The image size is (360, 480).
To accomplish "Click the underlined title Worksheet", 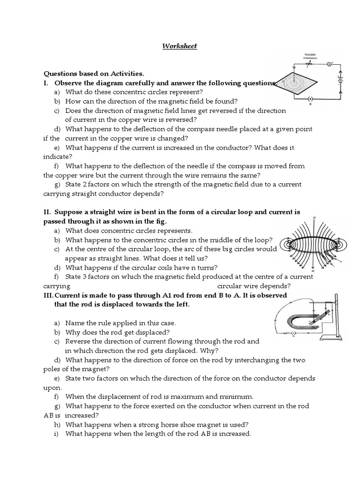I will (x=180, y=46).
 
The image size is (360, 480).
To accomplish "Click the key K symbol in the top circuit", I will (x=310, y=99).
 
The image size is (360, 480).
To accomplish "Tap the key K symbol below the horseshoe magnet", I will (x=292, y=334).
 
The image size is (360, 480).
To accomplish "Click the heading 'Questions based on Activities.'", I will (x=94, y=74).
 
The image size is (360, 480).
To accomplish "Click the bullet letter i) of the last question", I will (x=56, y=434).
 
